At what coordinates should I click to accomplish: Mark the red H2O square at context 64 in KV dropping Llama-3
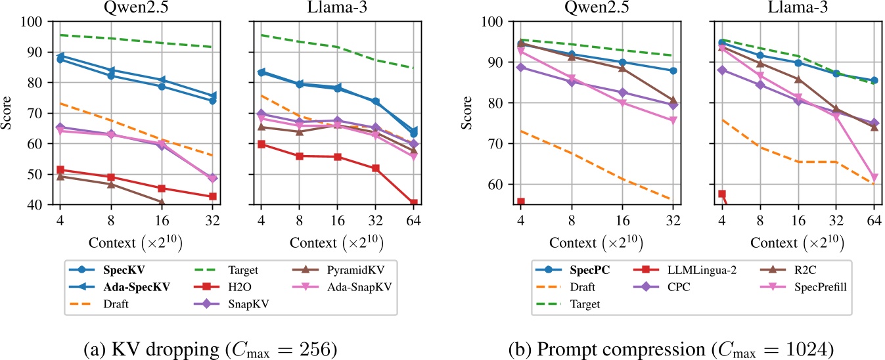click(x=413, y=203)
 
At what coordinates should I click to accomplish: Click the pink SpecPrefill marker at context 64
click(x=874, y=178)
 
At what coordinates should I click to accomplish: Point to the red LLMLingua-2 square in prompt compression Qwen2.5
click(x=520, y=202)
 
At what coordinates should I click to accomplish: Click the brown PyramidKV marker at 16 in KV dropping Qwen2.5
click(x=161, y=202)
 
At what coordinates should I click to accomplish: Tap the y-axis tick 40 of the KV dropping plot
click(x=34, y=205)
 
